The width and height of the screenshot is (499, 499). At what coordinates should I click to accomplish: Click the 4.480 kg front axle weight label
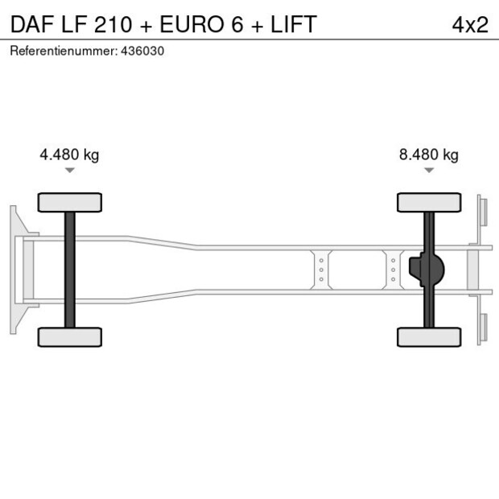point(69,155)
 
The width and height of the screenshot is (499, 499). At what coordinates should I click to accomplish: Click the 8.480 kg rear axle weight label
point(428,155)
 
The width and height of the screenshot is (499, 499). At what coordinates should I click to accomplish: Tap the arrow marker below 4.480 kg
point(70,171)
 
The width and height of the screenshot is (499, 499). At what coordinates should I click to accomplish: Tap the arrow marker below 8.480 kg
point(429,171)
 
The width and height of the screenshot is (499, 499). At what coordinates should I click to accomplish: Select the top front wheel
point(70,202)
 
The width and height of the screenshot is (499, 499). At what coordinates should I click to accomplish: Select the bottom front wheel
point(70,336)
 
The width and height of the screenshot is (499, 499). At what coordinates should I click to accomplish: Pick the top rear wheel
point(429,202)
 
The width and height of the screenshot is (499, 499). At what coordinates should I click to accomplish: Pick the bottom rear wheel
point(429,336)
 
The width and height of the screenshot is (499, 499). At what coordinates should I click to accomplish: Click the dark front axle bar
point(70,270)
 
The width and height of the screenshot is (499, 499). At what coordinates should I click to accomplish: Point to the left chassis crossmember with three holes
point(320,270)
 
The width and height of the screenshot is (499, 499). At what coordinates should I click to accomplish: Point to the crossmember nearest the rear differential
point(393,270)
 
